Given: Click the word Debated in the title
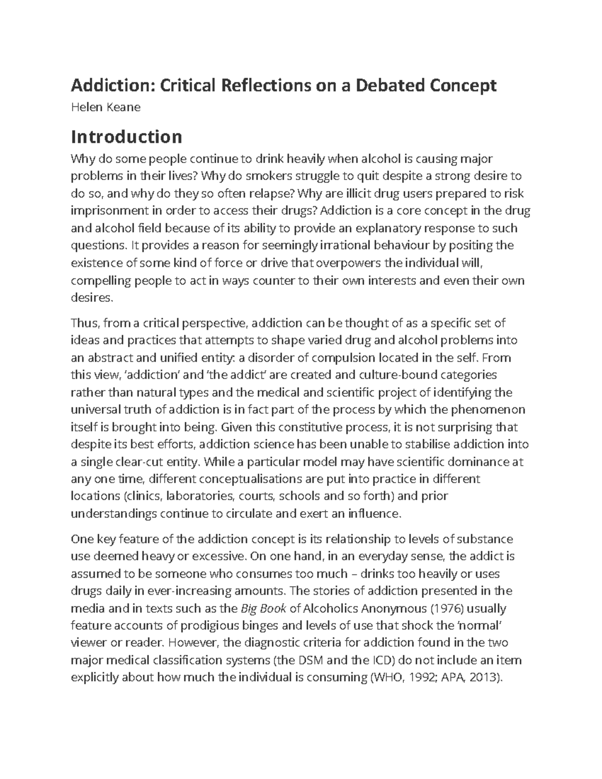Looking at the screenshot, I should point(391,86).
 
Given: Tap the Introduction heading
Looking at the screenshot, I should point(126,136).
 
